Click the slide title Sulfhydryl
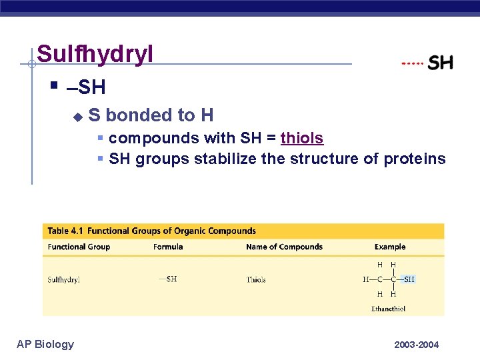[95, 54]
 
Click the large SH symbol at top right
[440, 63]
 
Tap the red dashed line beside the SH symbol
[413, 63]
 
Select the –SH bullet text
[86, 87]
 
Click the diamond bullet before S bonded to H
[77, 117]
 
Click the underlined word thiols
[302, 138]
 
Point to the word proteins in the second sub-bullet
[415, 159]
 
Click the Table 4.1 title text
[151, 231]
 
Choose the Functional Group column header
[79, 247]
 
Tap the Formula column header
[168, 247]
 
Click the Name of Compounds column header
[284, 247]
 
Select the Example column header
[390, 247]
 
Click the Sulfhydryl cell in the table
[63, 280]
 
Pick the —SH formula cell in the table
[168, 279]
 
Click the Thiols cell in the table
[256, 280]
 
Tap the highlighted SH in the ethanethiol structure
[409, 279]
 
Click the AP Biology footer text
[45, 344]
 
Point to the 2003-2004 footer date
[417, 345]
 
